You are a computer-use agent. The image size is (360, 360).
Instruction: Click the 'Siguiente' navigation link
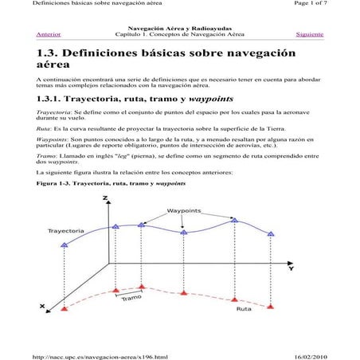click(309, 35)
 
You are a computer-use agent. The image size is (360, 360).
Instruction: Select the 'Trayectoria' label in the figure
click(66, 230)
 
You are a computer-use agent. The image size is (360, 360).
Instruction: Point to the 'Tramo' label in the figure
click(132, 299)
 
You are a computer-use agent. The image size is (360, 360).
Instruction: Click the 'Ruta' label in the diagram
click(244, 309)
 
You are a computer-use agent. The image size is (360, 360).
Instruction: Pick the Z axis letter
click(106, 198)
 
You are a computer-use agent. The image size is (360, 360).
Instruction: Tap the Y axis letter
click(290, 268)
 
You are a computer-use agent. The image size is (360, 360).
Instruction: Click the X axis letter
click(42, 306)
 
